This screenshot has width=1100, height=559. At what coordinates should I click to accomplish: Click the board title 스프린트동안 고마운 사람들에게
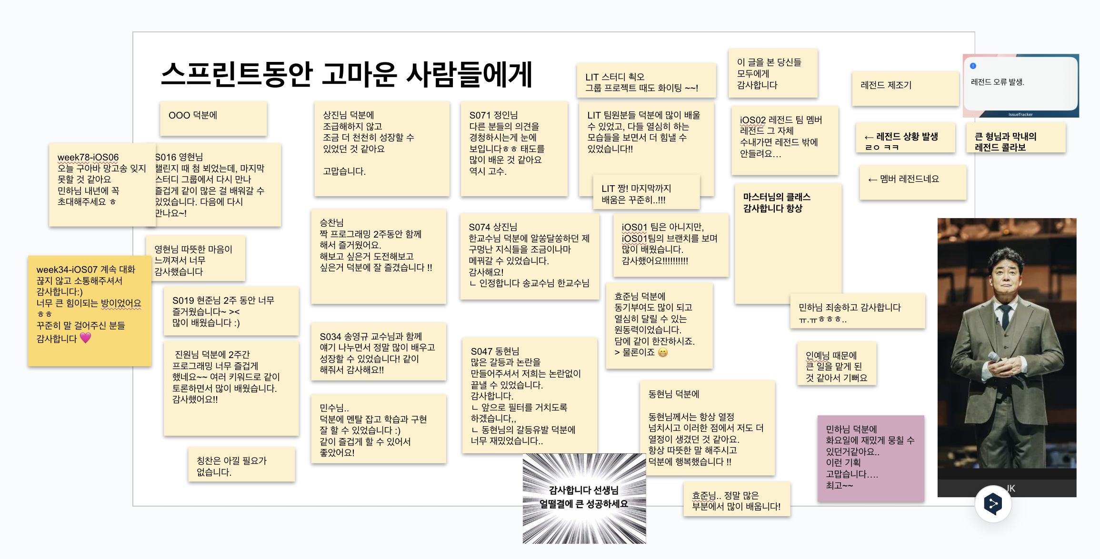point(346,75)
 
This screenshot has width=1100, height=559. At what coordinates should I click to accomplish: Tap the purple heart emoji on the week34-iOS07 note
point(85,338)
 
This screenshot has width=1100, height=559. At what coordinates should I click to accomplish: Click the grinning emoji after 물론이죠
point(662,352)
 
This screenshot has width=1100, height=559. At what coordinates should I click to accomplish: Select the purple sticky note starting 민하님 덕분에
point(870,457)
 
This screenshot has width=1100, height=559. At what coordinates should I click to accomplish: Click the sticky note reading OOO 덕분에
point(213,118)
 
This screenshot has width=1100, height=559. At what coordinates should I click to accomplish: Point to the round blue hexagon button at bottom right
point(993,503)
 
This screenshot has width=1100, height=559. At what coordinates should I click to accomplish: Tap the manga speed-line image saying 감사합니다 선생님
point(584,498)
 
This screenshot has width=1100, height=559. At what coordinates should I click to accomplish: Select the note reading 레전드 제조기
point(905,88)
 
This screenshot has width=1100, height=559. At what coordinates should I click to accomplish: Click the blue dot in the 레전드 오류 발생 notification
point(973,66)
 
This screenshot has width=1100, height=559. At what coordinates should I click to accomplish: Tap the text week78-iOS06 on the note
point(88,157)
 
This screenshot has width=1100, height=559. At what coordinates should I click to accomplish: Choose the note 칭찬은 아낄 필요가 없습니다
point(241,465)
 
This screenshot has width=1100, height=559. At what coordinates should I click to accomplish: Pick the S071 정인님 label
point(493,115)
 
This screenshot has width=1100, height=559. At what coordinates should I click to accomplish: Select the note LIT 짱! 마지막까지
point(646,192)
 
